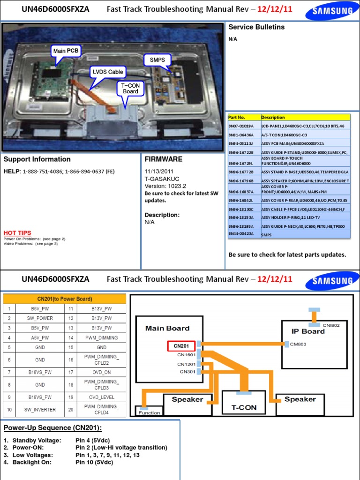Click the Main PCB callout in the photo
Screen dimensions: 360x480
coord(66,51)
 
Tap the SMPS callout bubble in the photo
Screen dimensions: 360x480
coord(157,60)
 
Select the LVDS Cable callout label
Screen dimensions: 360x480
coord(108,72)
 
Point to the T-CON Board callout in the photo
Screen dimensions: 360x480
coord(130,88)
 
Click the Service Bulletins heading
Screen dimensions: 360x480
coord(256,27)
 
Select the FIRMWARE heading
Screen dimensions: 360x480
coord(164,159)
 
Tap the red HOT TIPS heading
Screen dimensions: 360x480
coord(17,233)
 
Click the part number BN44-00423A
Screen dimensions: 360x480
coord(241,233)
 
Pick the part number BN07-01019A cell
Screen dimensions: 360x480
coord(241,126)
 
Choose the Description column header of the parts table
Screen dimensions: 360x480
coord(273,117)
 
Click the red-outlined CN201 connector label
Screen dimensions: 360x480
coord(181,346)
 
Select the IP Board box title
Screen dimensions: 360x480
coord(307,331)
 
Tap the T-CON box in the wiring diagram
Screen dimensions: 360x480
coord(244,407)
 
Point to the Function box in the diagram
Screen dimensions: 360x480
coord(149,412)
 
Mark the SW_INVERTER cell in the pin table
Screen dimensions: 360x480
coord(40,410)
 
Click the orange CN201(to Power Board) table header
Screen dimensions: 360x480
coord(65,299)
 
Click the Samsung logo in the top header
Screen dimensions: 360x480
coord(332,10)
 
